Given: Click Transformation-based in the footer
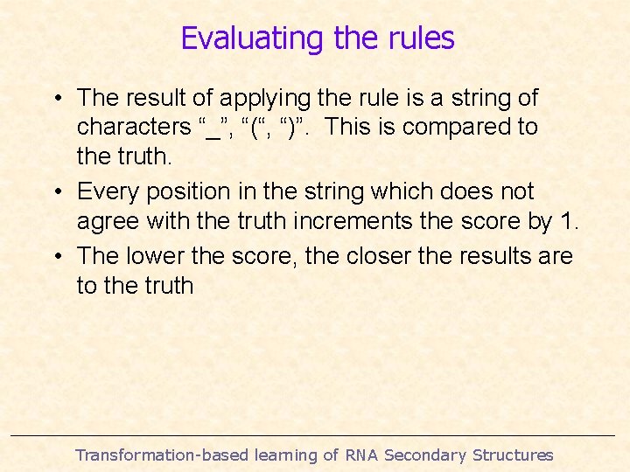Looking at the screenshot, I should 161,455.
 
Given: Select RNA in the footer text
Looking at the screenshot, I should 361,455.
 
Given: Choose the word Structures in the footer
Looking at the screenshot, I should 513,455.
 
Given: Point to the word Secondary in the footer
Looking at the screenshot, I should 425,455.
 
